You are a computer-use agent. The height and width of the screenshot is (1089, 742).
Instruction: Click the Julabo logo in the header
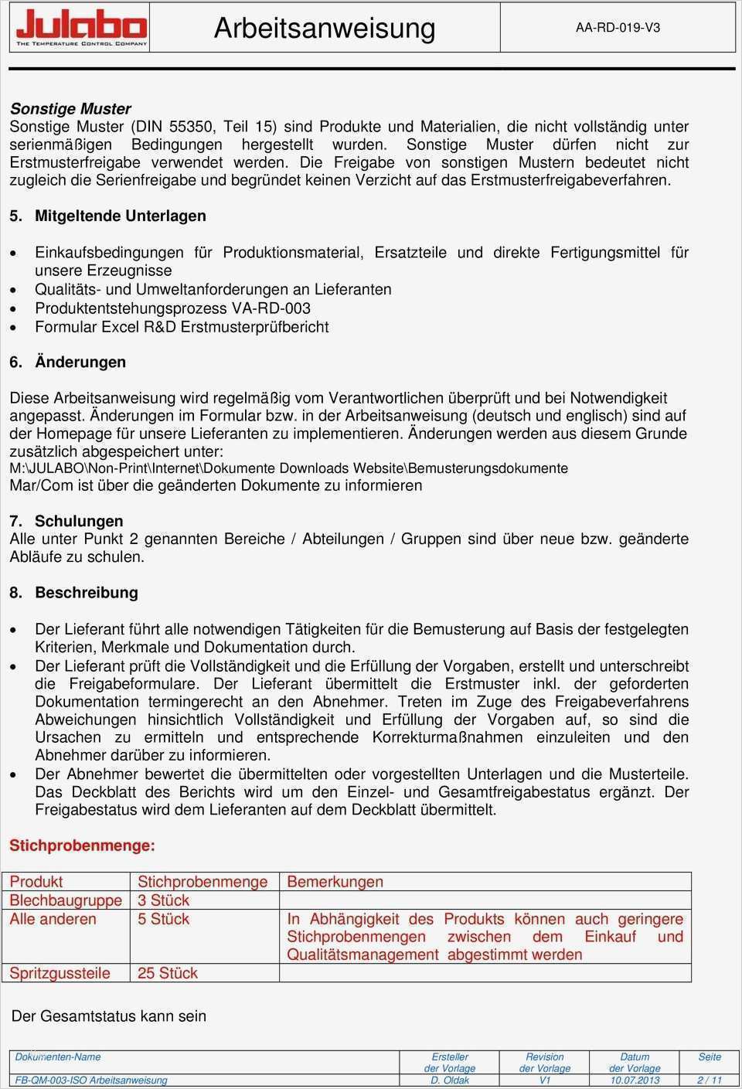(x=81, y=28)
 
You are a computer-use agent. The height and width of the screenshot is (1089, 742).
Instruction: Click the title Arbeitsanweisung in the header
(x=325, y=28)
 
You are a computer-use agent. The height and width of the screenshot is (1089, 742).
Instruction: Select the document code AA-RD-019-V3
(x=618, y=28)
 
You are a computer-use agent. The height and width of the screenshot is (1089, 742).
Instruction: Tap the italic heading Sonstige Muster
(x=70, y=109)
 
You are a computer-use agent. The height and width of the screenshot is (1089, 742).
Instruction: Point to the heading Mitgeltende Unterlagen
(x=121, y=216)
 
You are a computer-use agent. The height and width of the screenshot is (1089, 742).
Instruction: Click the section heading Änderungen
(x=80, y=362)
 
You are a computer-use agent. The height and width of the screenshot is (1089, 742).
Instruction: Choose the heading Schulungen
(x=79, y=521)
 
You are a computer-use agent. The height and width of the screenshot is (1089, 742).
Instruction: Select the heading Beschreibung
(x=87, y=593)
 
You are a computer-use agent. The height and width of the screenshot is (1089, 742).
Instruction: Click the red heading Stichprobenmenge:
(x=82, y=846)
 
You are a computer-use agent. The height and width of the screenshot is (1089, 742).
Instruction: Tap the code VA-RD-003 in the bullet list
(x=271, y=308)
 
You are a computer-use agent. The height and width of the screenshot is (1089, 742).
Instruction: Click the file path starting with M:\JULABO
(x=288, y=468)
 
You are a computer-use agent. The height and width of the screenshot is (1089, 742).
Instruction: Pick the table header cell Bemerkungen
(x=335, y=882)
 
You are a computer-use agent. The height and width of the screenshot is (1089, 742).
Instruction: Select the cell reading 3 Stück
(x=164, y=900)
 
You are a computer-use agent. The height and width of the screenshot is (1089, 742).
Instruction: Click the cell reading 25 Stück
(x=168, y=973)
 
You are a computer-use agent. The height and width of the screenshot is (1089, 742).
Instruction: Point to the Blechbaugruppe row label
(x=66, y=900)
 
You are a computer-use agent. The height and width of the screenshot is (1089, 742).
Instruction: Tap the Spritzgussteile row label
(x=60, y=973)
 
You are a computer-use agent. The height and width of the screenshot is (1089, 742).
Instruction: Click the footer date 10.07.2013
(x=635, y=1080)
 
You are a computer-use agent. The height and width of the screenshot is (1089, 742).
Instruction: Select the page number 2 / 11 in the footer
(x=710, y=1080)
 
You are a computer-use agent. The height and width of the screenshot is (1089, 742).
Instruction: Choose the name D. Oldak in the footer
(x=450, y=1080)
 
